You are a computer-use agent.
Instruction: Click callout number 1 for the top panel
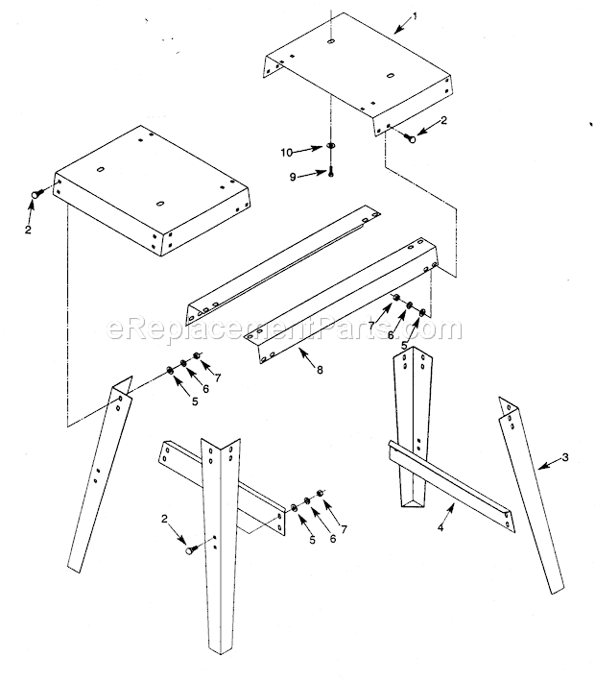coord(414,16)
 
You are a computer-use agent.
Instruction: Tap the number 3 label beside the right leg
coord(565,457)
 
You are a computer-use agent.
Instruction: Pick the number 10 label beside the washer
coord(286,152)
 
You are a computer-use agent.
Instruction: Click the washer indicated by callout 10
coord(330,147)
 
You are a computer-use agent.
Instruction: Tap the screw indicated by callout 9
coord(329,172)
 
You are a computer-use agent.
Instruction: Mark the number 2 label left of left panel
coord(27,230)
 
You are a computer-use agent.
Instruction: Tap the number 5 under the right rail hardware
coord(405,346)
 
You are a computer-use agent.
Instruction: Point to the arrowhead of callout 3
coord(539,468)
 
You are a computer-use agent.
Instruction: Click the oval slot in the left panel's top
coord(158,204)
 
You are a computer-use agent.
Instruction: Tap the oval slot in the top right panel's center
coord(391,75)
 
